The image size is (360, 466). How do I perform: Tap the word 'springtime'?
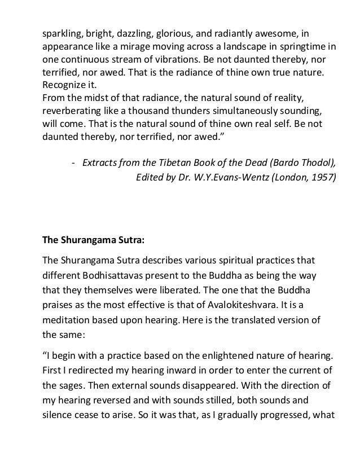306,46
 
